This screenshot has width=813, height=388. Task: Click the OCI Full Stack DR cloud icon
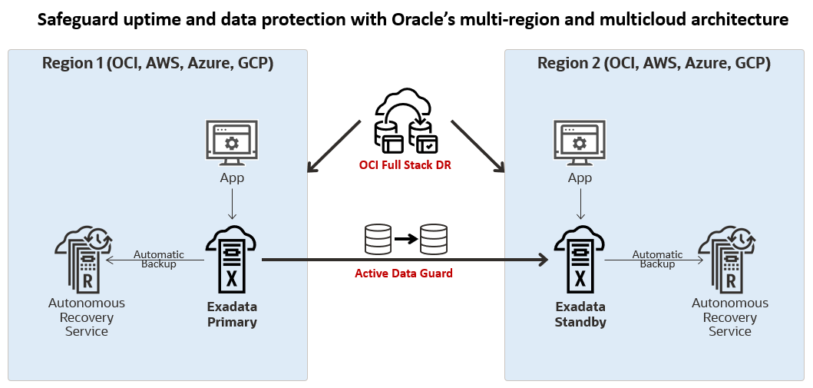pyautogui.click(x=405, y=123)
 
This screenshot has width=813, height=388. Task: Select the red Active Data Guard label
pyautogui.click(x=404, y=273)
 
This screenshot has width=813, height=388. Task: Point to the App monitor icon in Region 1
pyautogui.click(x=232, y=144)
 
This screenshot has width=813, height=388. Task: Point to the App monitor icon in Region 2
pyautogui.click(x=580, y=144)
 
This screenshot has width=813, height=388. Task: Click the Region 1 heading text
pyautogui.click(x=157, y=63)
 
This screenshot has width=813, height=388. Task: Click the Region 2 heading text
pyautogui.click(x=654, y=63)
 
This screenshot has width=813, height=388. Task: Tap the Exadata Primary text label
pyautogui.click(x=232, y=314)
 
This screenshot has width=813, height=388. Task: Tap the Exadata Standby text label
pyautogui.click(x=580, y=314)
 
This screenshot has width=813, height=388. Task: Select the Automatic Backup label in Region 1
pyautogui.click(x=158, y=259)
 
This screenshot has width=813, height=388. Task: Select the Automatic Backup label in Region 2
pyautogui.click(x=657, y=259)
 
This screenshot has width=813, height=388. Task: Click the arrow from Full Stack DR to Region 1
pyautogui.click(x=333, y=146)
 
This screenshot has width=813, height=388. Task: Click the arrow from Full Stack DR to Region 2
pyautogui.click(x=478, y=146)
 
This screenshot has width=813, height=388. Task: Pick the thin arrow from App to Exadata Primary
pyautogui.click(x=232, y=205)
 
